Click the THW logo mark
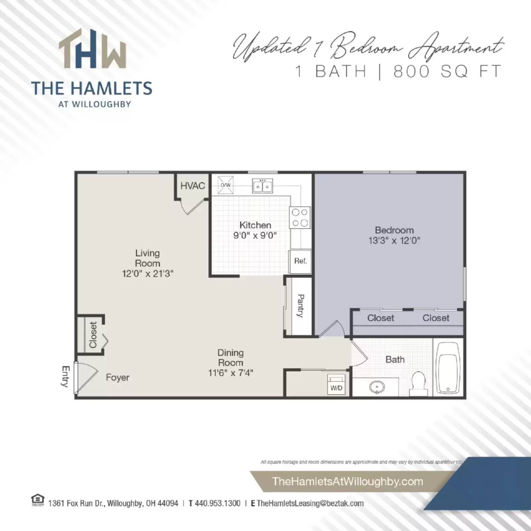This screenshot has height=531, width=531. pos(92,50)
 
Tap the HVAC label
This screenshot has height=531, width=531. pos(192,186)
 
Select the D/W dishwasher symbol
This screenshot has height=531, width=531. pos(225,185)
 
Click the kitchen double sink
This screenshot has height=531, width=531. pos(263,186)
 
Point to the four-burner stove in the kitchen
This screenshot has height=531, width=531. pos(300,218)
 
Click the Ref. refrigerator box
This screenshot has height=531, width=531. pos(300,261)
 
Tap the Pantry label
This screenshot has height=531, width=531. pos(300,306)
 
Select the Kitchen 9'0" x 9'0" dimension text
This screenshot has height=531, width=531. pos(255,236)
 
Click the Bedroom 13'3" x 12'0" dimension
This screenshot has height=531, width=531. pos(394,241)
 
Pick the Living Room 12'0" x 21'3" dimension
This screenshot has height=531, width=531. pos(147,274)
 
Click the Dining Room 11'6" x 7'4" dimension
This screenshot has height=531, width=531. pos(230,373)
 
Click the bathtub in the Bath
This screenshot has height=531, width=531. pos(448,367)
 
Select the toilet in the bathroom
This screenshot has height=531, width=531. pos(418,383)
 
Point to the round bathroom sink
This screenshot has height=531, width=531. pos(377,387)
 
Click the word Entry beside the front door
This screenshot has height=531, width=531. pos(66,376)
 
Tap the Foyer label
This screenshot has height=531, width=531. pos(117,378)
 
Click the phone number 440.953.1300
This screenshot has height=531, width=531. pos(217,503)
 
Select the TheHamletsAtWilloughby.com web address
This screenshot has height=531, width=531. pos(347,482)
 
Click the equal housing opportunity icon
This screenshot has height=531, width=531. pos(38,500)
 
